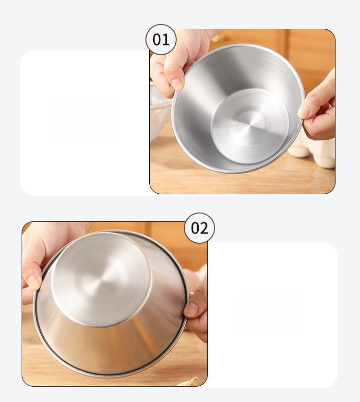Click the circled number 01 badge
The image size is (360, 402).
161,39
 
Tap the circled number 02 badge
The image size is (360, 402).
199,228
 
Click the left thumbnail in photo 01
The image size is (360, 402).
178,84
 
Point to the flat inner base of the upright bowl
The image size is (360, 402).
250,126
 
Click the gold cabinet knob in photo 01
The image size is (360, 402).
219,38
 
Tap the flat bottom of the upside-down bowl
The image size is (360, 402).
101,280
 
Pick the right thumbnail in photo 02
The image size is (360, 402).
191,309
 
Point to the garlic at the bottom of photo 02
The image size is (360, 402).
189,381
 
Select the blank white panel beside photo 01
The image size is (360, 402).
84,123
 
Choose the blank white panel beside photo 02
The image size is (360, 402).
273,315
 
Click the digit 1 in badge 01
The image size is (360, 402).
166,40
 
